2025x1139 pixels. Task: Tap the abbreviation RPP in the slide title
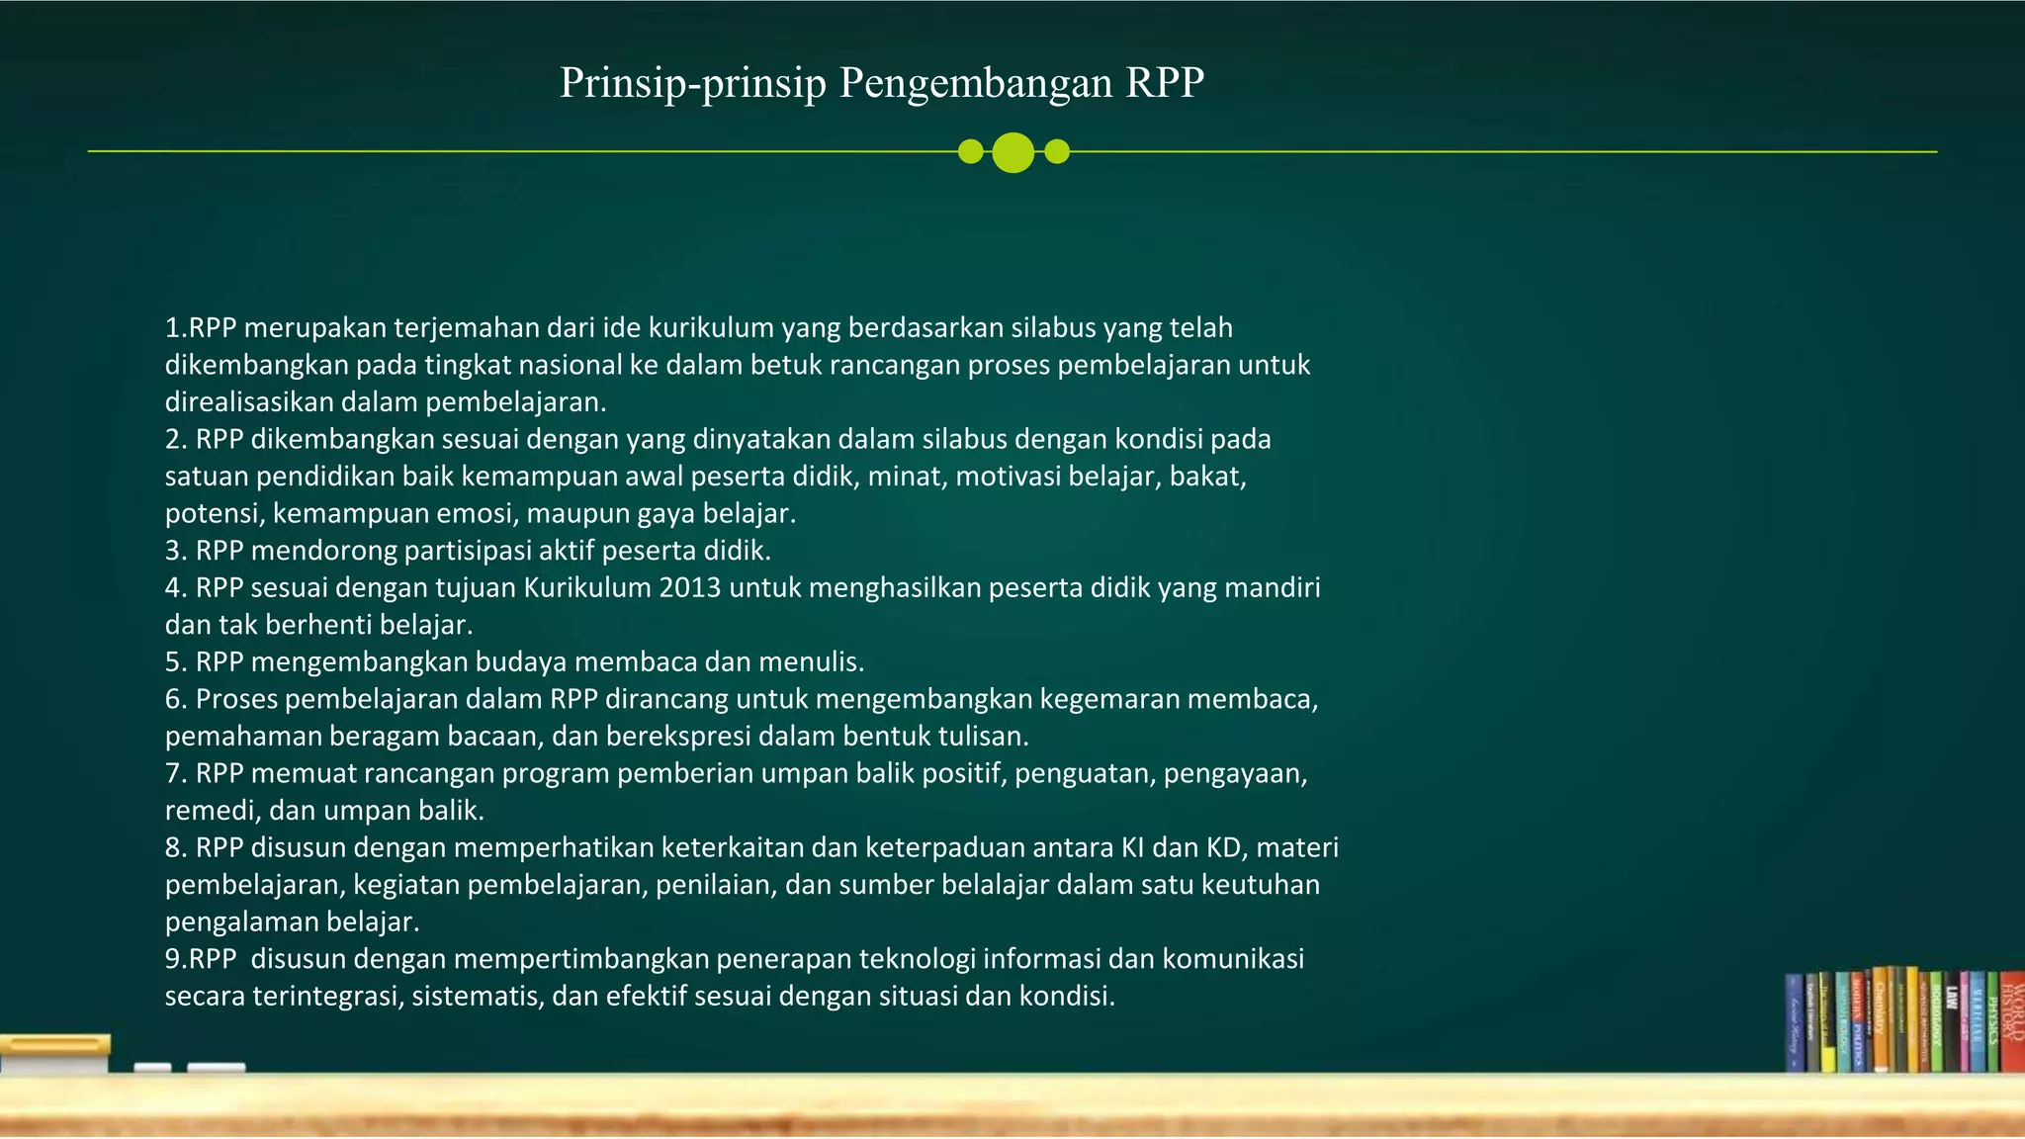[x=1165, y=83]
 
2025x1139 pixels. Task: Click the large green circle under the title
[x=1012, y=152]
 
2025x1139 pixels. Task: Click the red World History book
[x=2011, y=1023]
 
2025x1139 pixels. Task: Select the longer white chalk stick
[x=216, y=1068]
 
